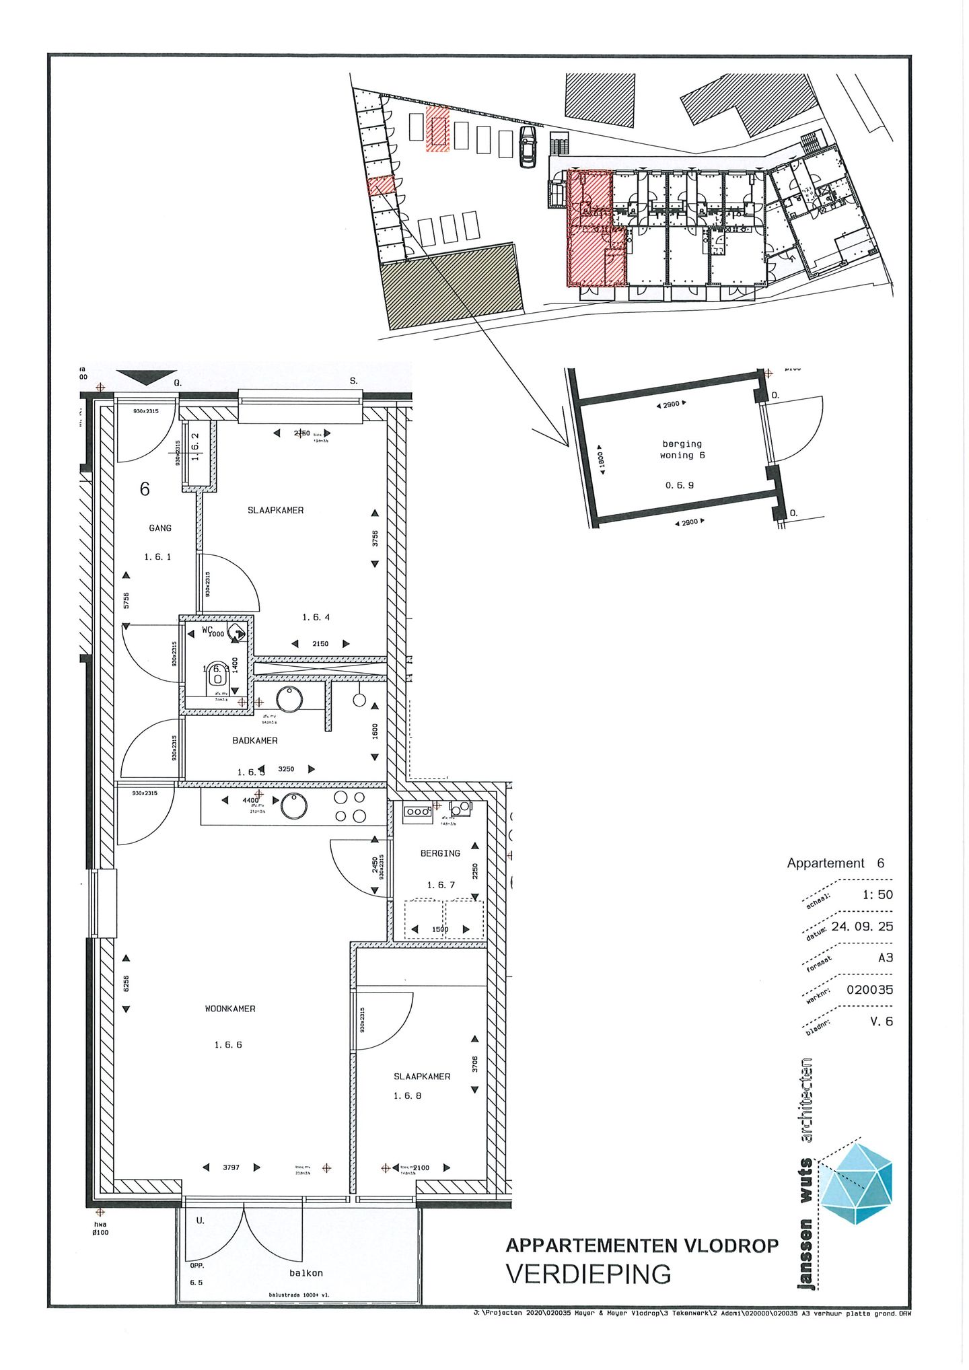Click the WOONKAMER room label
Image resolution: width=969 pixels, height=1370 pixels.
pyautogui.click(x=230, y=1009)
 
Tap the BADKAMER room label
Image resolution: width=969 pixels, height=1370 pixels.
pyautogui.click(x=255, y=740)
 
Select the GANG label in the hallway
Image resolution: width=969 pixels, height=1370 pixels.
pyautogui.click(x=160, y=528)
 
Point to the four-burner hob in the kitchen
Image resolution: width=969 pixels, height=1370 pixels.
pyautogui.click(x=351, y=806)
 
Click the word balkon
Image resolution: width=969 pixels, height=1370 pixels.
pyautogui.click(x=306, y=1273)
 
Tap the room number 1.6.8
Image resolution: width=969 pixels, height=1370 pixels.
pyautogui.click(x=407, y=1096)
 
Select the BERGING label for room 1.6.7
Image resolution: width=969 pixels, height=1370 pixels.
pyautogui.click(x=440, y=853)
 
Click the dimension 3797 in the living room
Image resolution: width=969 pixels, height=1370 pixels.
pyautogui.click(x=231, y=1167)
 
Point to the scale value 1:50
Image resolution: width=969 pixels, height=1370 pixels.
pyautogui.click(x=877, y=895)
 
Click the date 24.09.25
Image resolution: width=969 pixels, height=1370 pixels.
pyautogui.click(x=862, y=927)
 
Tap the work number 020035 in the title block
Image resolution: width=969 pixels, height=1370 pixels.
pyautogui.click(x=869, y=990)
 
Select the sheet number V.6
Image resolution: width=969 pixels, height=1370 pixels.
pyautogui.click(x=881, y=1021)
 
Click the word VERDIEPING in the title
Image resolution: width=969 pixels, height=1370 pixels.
pyautogui.click(x=588, y=1274)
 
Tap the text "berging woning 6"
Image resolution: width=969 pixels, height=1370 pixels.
pyautogui.click(x=682, y=449)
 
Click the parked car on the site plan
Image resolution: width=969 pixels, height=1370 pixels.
pyautogui.click(x=528, y=146)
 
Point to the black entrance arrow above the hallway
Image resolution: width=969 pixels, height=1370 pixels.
pyautogui.click(x=147, y=377)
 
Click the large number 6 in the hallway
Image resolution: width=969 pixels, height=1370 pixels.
pyautogui.click(x=145, y=489)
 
